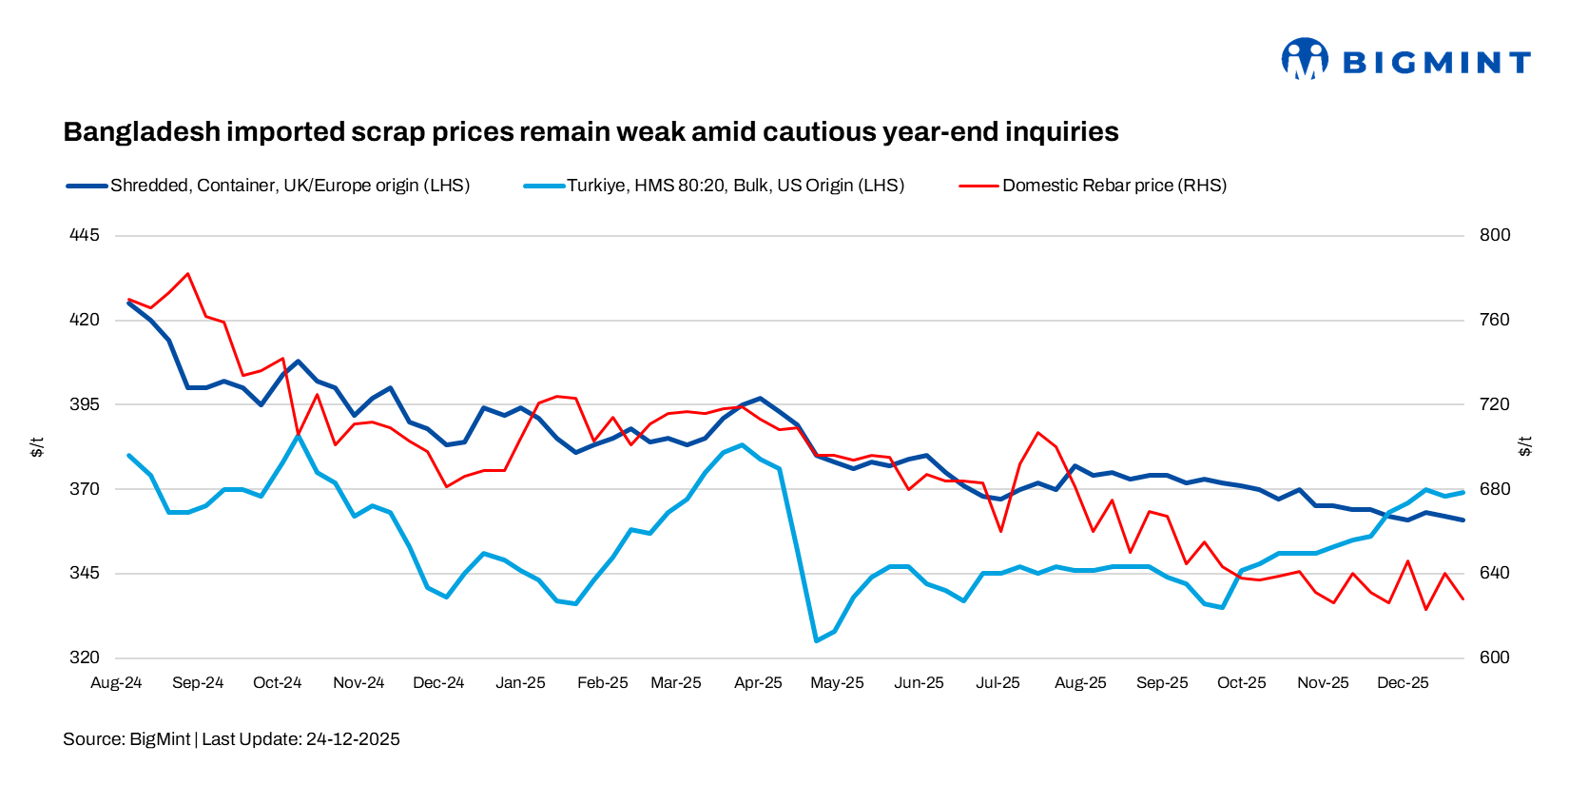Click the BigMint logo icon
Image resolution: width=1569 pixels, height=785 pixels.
[1304, 58]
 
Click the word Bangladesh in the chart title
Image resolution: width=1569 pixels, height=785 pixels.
[141, 131]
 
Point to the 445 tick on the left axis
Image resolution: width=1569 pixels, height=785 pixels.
[84, 235]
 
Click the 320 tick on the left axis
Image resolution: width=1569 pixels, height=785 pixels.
[84, 657]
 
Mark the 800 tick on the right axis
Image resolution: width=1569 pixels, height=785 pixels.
[1494, 235]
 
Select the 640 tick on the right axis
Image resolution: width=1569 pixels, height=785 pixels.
[1494, 573]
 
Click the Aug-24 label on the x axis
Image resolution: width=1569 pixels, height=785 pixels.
[116, 683]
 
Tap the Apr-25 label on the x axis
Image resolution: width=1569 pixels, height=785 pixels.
[758, 683]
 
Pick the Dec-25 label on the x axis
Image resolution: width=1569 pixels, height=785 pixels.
[1403, 683]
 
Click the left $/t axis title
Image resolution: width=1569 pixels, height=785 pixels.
[37, 446]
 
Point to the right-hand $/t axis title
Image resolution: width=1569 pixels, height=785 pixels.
[1525, 446]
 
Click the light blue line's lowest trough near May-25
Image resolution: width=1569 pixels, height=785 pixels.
[816, 640]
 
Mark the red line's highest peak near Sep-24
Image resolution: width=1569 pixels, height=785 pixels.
[188, 274]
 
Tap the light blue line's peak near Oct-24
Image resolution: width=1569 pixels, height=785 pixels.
[298, 436]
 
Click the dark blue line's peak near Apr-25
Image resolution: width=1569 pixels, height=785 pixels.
[760, 398]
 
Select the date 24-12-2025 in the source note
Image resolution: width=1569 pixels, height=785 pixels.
[353, 739]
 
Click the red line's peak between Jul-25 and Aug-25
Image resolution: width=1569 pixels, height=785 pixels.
[1038, 433]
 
